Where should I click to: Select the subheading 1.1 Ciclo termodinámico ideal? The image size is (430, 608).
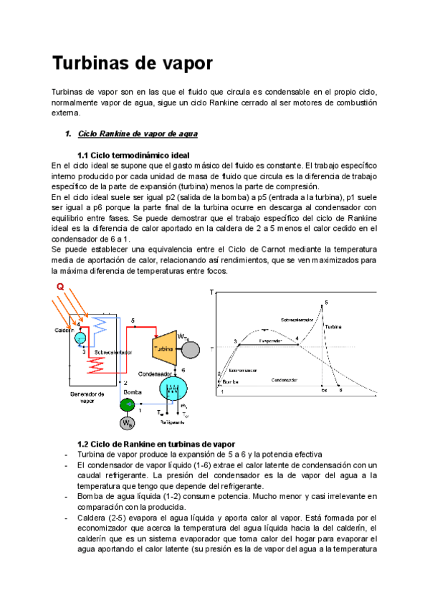pos(133,156)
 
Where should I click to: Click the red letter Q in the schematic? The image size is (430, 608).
pos(60,287)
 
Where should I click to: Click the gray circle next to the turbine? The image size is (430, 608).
pos(191,348)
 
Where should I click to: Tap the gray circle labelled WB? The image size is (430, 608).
pos(127,423)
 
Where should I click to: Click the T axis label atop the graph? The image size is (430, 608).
pos(212,293)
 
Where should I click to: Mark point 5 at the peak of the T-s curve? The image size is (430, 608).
pos(326,303)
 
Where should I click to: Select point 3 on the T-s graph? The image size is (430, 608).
pos(235,341)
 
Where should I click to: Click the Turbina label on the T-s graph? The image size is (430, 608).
pos(333,326)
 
